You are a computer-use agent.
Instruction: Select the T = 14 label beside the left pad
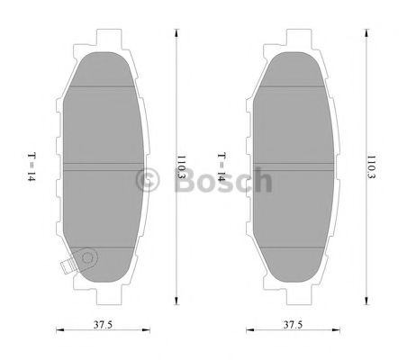pos(30,167)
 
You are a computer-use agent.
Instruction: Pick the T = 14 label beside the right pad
pos(219,167)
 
